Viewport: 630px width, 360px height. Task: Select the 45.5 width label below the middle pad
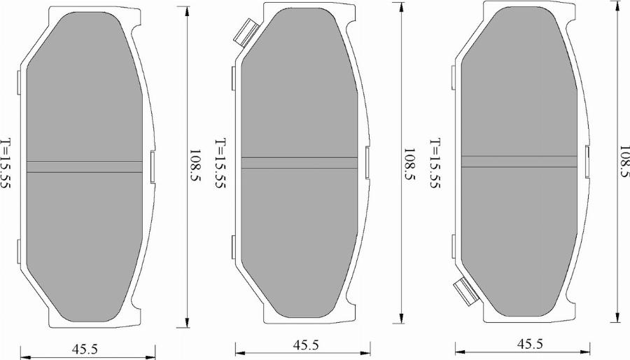pos(306,345)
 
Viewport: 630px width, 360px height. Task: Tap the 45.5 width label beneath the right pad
pos(529,344)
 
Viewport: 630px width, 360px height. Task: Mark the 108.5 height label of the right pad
pos(624,162)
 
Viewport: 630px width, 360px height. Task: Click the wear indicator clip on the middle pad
pos(246,32)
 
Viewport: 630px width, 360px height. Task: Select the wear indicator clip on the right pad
pos(465,291)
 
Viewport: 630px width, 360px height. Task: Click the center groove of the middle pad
pos(301,162)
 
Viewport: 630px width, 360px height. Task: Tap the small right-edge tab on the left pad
pos(152,167)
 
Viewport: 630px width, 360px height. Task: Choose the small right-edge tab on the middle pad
pos(367,162)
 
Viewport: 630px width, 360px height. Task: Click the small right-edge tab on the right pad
pos(588,160)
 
